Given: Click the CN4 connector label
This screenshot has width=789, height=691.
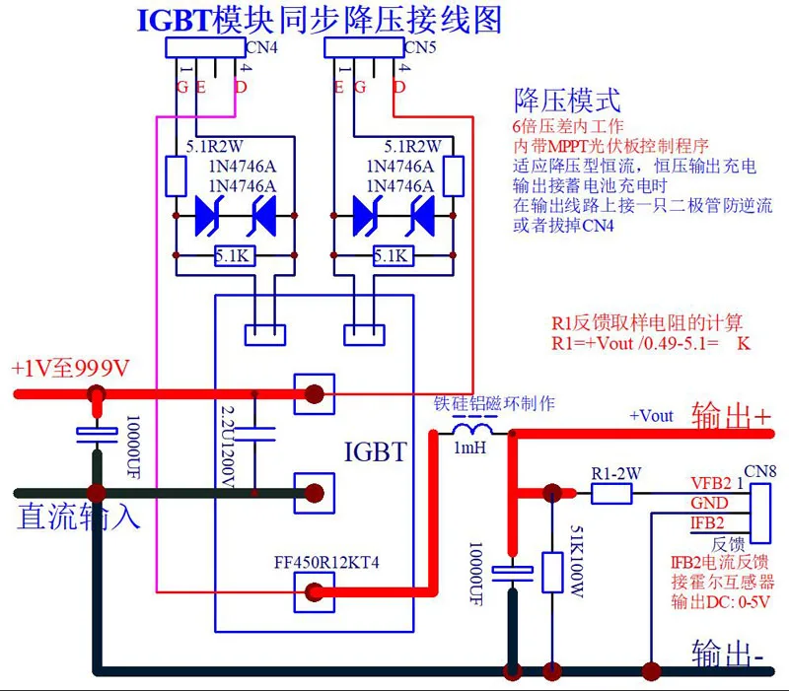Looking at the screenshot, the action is coord(261,47).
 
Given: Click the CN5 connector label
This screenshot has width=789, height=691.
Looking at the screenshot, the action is coord(420,47).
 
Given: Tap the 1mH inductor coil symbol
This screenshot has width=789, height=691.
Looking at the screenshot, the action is coord(472,429).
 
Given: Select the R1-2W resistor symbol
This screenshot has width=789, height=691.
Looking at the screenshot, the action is coord(611,494).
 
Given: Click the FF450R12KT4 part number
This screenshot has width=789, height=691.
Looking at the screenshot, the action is coord(326,562).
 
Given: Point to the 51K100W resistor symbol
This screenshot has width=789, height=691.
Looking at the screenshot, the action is coord(552,573).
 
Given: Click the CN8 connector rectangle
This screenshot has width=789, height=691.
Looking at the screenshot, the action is coord(760,514).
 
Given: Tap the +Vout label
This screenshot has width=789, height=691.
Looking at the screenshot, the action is coord(651,416).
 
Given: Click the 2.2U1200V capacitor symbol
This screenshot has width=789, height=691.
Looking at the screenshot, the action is coord(255,435).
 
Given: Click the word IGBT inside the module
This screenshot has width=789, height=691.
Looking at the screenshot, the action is coord(376,451).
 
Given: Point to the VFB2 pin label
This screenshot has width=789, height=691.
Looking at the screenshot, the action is coord(710,483).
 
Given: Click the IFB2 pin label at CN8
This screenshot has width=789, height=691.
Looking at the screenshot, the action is coord(707,523).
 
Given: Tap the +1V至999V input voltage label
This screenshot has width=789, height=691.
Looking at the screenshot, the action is coord(70,369).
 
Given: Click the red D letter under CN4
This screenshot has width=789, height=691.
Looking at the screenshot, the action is coord(241,87).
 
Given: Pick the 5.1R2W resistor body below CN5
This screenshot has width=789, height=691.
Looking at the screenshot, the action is coord(454,176).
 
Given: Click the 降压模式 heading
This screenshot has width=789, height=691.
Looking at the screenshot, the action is coord(567,101).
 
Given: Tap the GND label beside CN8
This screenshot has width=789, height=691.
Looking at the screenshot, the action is coord(709,503).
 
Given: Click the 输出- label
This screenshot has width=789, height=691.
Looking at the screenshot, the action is coord(728,654).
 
